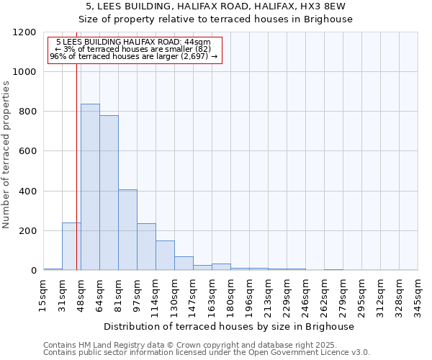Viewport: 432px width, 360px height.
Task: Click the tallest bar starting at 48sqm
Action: (90, 187)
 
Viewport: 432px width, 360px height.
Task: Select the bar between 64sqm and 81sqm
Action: (109, 193)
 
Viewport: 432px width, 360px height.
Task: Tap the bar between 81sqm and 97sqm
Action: (127, 230)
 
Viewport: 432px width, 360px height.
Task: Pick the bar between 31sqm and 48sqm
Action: (71, 246)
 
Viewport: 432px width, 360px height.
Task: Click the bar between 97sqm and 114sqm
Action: (146, 247)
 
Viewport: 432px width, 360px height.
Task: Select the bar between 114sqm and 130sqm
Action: (165, 256)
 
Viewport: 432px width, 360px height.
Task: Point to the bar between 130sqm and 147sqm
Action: (184, 264)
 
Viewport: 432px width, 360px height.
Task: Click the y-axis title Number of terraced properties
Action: (6, 155)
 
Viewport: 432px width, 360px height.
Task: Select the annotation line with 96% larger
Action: (133, 56)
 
